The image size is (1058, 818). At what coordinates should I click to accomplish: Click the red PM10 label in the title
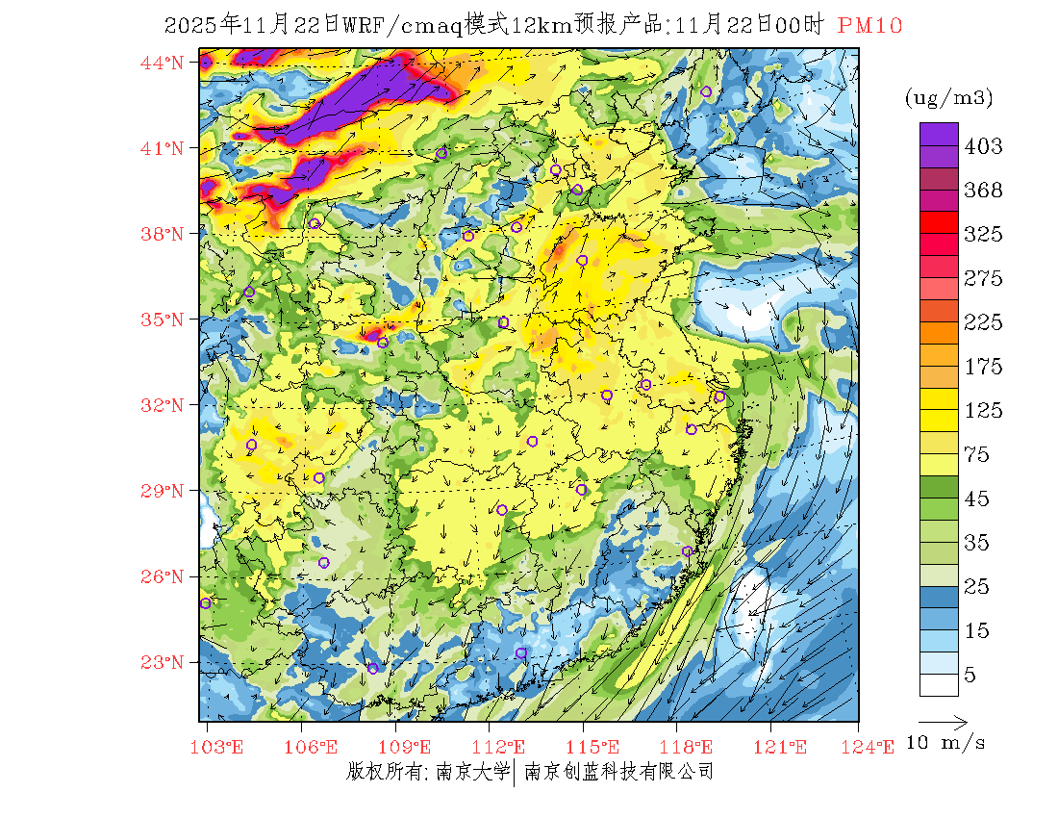point(869,26)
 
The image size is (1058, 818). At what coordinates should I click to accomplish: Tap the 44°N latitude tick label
point(163,63)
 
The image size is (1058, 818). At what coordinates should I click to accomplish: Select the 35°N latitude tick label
point(163,320)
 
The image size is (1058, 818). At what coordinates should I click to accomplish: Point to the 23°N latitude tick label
point(163,662)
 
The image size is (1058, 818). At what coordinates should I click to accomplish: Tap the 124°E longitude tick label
point(874,747)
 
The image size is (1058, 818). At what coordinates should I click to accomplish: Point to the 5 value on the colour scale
point(970,675)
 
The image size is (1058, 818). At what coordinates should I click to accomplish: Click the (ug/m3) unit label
point(948,98)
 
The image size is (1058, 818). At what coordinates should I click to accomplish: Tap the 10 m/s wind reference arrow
point(943,721)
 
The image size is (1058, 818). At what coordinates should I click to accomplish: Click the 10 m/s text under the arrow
point(946,743)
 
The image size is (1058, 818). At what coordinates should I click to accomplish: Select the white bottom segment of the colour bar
point(938,684)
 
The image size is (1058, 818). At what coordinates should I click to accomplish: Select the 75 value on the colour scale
point(976,455)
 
